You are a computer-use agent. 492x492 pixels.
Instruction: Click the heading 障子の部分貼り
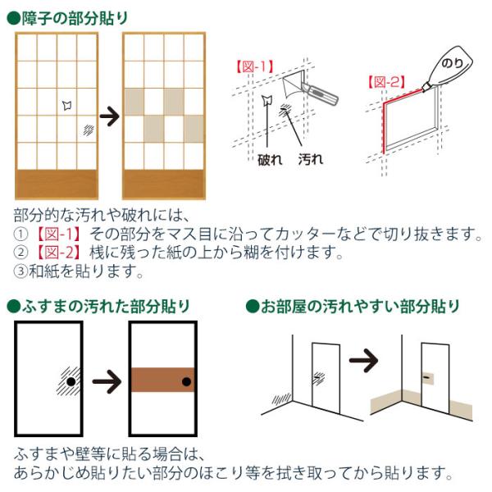(75, 18)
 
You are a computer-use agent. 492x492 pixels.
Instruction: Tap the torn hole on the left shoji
(67, 105)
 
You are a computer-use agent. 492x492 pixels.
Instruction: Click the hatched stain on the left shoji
(89, 130)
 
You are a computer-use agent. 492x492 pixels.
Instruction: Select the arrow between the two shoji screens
(110, 116)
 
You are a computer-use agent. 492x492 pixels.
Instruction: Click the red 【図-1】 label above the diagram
(255, 66)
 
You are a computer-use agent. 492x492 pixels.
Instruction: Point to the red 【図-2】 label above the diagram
(386, 82)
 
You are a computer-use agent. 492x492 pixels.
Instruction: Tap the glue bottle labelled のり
(449, 67)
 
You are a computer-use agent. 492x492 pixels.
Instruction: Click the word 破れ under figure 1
(270, 160)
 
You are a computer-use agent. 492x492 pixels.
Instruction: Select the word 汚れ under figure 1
(311, 159)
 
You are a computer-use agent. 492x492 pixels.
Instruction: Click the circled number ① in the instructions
(20, 234)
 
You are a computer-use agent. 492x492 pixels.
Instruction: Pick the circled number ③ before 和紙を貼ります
(20, 271)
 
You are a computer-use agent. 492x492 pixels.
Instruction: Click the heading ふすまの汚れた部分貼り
(106, 306)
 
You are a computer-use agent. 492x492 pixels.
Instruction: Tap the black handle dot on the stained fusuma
(71, 382)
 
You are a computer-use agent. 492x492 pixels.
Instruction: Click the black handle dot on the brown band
(186, 382)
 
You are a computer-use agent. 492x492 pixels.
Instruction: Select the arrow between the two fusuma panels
(107, 381)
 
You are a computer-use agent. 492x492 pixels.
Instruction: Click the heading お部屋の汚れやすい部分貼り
(360, 306)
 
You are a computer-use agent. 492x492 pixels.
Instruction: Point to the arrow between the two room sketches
(363, 360)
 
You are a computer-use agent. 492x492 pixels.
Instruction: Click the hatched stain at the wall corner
(281, 399)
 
